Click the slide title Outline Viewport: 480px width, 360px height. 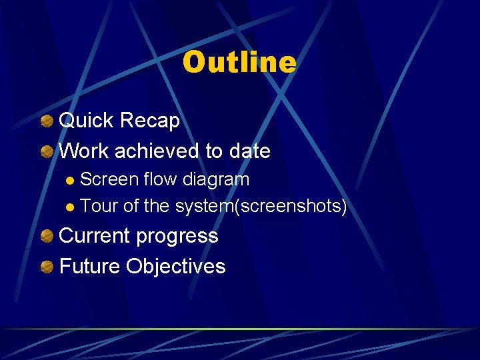click(239, 63)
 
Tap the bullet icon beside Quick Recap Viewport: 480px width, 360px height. click(47, 121)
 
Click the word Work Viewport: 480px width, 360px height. click(84, 151)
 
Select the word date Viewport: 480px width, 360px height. click(249, 151)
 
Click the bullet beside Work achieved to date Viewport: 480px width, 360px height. click(47, 152)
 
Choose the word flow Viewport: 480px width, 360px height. click(157, 180)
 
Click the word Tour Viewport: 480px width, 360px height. click(99, 207)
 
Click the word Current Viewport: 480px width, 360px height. click(95, 236)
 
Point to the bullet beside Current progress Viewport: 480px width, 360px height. click(47, 237)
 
